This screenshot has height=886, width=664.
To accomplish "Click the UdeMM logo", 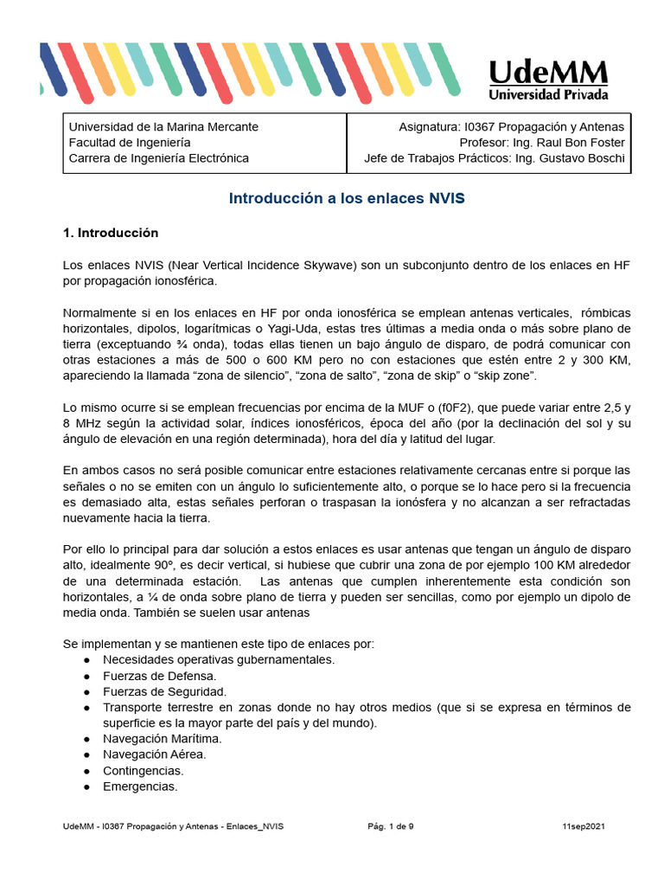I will [x=548, y=80].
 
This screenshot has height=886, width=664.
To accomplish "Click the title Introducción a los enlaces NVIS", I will [x=347, y=198].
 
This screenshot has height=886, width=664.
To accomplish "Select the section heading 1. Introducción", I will [x=111, y=233].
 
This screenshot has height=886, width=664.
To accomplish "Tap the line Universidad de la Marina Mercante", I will [x=163, y=126].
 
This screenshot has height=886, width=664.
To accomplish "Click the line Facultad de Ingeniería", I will [x=130, y=142].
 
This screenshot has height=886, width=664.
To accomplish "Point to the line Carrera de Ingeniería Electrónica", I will [x=158, y=157].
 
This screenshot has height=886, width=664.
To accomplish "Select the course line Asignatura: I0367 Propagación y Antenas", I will [x=511, y=126].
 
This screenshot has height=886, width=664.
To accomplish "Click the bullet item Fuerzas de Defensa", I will [x=159, y=675].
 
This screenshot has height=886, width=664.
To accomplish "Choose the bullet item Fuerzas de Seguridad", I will [x=164, y=691].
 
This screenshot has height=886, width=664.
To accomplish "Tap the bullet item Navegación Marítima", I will [x=163, y=739].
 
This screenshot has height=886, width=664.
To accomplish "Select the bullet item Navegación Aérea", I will [x=155, y=754].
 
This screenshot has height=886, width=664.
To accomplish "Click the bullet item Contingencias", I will [x=143, y=770].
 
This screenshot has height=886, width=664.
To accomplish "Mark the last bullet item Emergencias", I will [x=140, y=786].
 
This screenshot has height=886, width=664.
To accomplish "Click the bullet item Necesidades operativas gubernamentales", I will [x=218, y=659].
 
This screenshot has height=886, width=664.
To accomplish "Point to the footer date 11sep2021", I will [x=584, y=826].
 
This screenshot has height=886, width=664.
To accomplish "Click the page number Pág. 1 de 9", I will [x=391, y=826].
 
